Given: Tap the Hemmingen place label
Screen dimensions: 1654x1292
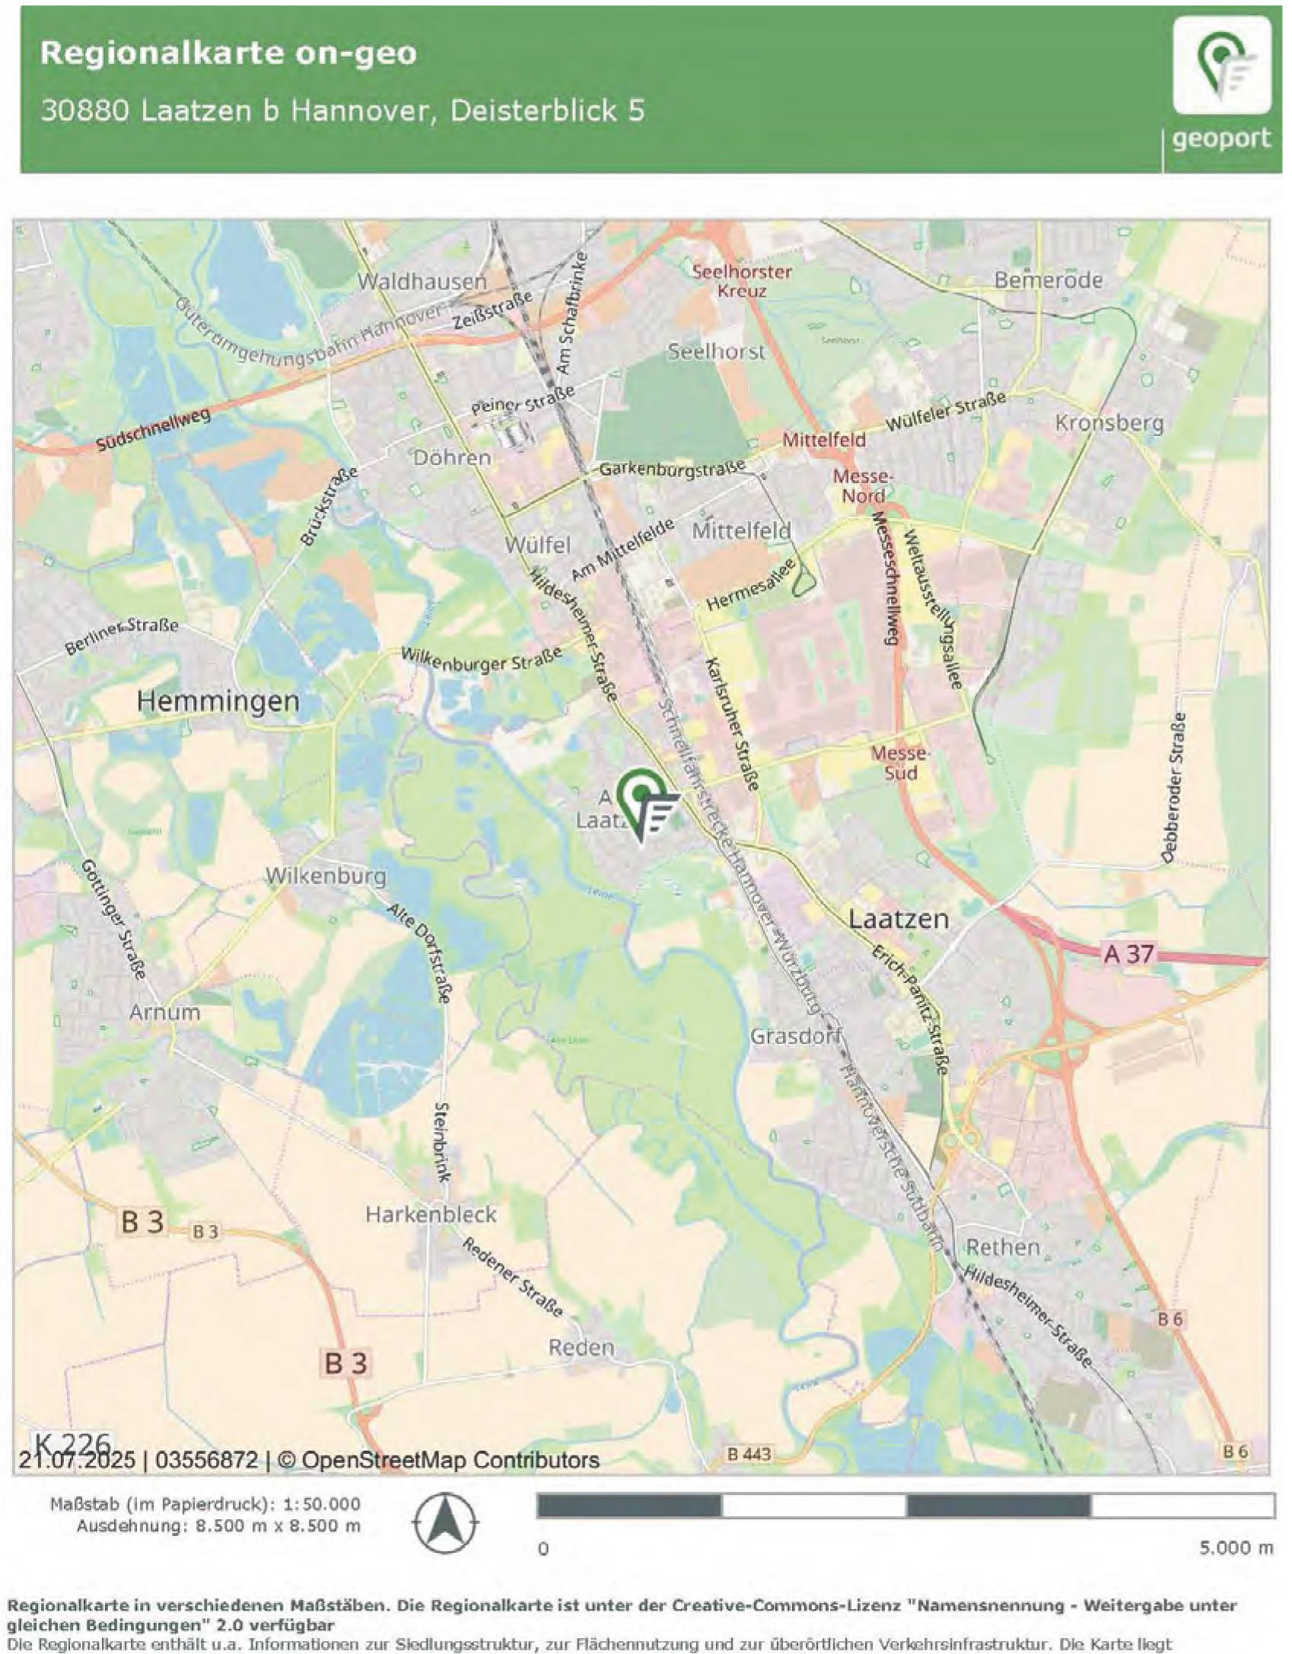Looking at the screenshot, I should coord(218,701).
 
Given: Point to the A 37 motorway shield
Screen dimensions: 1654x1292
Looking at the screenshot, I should coord(1128,953).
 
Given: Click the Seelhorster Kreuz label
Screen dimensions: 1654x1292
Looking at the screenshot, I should coord(742,281).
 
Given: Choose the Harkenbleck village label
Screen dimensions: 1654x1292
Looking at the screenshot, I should coord(431,1214).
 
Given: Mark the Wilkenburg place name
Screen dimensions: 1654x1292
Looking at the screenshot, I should coord(326,876).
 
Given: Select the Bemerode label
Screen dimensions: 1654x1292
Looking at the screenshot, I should coord(1048,280).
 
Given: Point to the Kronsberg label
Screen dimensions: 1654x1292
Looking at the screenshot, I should coord(1109,423).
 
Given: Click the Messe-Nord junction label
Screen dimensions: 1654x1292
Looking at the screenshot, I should coord(863,486).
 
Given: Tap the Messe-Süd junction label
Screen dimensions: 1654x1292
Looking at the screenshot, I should coord(900,763).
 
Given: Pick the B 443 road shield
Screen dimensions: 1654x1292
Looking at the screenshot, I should coord(749,1454).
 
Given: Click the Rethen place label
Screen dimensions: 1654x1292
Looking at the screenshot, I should coord(1002,1248).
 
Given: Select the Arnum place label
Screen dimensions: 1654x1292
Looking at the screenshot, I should coord(164,1013).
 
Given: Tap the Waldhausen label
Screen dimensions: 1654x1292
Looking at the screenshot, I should coord(422,281).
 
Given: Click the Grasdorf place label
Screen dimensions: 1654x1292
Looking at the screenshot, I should coord(795,1036).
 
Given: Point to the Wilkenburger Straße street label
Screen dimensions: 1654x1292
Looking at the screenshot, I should coord(481,660).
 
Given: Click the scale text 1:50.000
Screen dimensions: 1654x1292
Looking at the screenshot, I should coord(322,1504).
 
